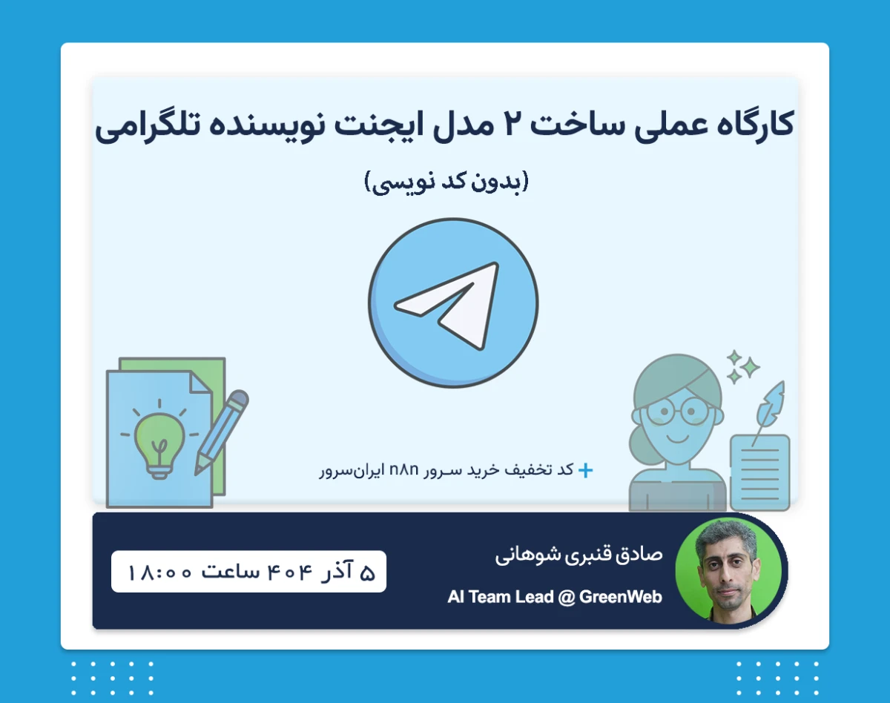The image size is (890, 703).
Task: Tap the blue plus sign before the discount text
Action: pos(585,470)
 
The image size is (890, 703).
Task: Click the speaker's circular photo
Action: pos(728,569)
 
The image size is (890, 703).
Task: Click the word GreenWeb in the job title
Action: pos(620,597)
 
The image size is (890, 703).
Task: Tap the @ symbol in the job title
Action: pos(565,597)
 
